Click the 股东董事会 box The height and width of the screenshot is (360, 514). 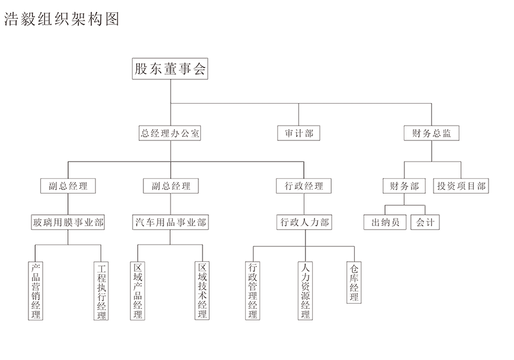pos(170,69)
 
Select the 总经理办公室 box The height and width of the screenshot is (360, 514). pos(170,133)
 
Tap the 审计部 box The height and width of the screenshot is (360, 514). pos(298,133)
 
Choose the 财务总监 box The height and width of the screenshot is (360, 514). pos(431,133)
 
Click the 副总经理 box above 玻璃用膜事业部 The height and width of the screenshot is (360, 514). pos(68,186)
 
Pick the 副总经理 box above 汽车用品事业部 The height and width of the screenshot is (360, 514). pos(171,186)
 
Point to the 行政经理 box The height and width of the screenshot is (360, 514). pos(304,186)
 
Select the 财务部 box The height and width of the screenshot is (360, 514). pos(404,186)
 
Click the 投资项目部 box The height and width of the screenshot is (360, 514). pos(461,186)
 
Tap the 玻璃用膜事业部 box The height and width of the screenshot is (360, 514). pos(68,222)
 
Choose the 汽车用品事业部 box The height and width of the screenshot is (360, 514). pos(171,222)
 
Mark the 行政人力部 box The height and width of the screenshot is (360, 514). pos(304,222)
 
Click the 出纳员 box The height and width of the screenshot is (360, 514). pos(385,222)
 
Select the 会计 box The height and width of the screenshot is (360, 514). pos(425,222)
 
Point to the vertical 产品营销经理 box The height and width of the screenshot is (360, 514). pos(36,291)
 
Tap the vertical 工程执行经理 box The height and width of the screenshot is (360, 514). pos(101,291)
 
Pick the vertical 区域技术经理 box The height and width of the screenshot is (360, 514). pos(202,291)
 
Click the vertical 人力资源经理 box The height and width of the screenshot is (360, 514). pos(305,291)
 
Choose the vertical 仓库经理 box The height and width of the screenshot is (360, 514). pos(354,282)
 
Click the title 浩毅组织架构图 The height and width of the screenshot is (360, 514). pos(62,19)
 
